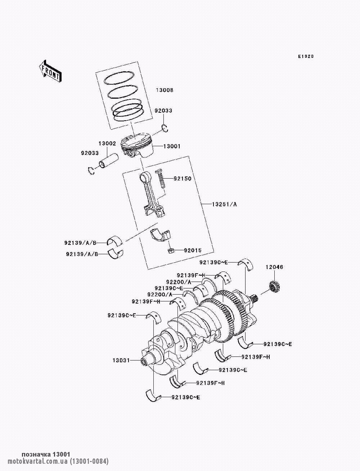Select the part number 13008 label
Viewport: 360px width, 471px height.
(x=164, y=90)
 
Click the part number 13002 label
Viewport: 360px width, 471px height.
(x=107, y=143)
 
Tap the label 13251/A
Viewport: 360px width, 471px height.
(x=224, y=204)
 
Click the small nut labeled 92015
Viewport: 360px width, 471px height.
(x=171, y=250)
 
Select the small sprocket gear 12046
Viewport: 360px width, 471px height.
(x=274, y=287)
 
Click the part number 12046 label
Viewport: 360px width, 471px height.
(x=274, y=267)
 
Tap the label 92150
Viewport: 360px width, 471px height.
(x=183, y=179)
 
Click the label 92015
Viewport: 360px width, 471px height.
(x=193, y=250)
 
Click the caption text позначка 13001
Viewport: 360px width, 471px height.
(x=46, y=454)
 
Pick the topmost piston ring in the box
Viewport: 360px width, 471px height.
(x=119, y=78)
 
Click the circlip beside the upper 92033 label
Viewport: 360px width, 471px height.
(x=165, y=128)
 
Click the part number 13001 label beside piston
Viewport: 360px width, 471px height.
(x=172, y=146)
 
